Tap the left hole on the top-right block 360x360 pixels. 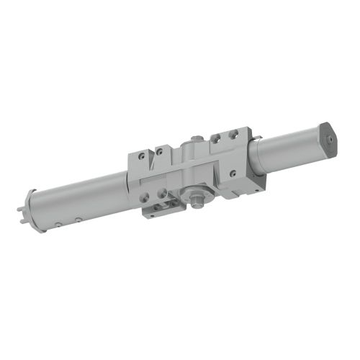click(215, 138)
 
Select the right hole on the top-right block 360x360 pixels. click(232, 134)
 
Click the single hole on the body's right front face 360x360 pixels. click(232, 174)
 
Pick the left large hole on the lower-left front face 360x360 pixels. click(145, 196)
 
